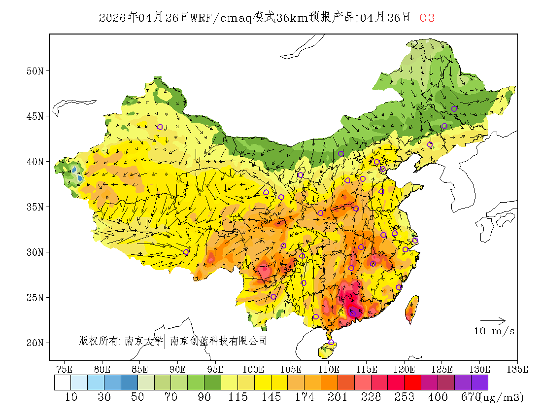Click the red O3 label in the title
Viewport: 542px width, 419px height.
(x=427, y=18)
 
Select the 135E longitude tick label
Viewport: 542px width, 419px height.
(x=517, y=369)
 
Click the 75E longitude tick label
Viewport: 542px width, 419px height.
(x=65, y=369)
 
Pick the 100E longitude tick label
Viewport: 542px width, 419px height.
(x=253, y=369)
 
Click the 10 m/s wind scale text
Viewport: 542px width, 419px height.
(x=494, y=331)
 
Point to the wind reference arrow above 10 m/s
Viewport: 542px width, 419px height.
(x=496, y=321)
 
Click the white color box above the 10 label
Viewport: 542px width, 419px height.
(x=63, y=383)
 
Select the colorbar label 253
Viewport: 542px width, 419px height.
(x=405, y=397)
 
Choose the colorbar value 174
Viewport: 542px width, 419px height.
(x=304, y=397)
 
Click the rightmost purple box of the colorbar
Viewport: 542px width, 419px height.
(x=479, y=383)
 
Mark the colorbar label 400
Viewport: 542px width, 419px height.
(x=438, y=397)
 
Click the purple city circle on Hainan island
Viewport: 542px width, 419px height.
(x=331, y=343)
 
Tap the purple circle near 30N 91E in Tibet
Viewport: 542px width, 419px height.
(x=186, y=252)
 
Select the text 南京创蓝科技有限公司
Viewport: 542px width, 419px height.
(x=218, y=341)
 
